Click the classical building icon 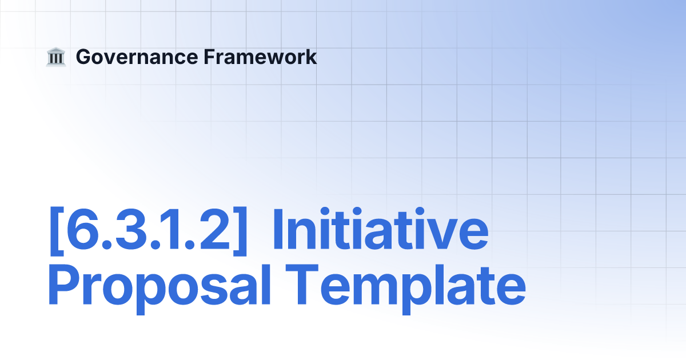coord(56,57)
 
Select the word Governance coord(137,57)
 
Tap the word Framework coord(260,57)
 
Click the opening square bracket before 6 coord(57,231)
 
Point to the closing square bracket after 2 coord(240,231)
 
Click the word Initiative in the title coord(381,229)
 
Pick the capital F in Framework coord(210,57)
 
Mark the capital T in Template coord(302,285)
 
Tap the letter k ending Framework coord(310,57)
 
